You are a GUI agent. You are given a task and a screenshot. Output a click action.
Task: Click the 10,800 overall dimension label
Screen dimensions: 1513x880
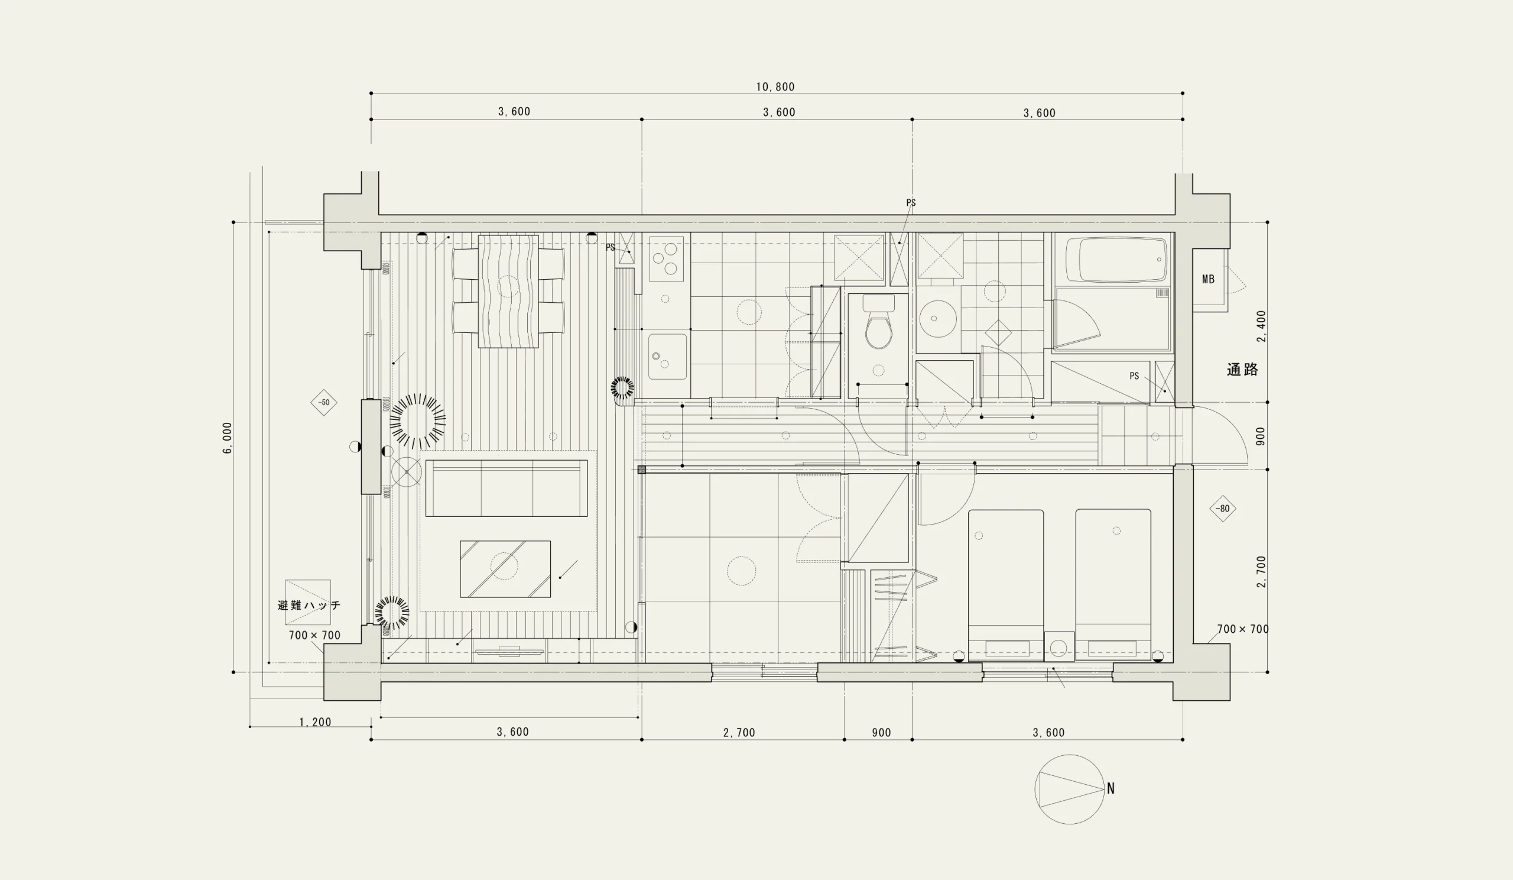coord(775,87)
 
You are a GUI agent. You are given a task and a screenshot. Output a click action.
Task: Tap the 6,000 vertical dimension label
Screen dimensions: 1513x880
coord(228,437)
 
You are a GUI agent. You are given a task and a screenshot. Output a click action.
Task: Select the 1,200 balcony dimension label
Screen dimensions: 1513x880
coord(315,722)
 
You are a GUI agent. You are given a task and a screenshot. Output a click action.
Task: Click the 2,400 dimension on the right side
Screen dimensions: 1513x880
coord(1261,326)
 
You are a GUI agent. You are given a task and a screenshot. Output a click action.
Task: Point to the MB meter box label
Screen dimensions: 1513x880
coord(1208,279)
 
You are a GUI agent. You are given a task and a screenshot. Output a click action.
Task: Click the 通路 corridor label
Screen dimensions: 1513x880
coord(1242,370)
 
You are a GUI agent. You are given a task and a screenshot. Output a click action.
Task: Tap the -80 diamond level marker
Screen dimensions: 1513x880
coord(1222,508)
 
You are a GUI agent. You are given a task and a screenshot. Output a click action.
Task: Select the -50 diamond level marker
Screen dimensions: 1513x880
coord(324,403)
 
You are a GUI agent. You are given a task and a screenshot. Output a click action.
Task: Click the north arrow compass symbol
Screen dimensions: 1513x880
coord(1069,789)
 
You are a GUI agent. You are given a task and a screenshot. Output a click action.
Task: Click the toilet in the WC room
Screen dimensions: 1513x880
coord(878,322)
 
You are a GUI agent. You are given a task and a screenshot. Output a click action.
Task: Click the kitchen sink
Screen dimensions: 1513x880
coord(667,357)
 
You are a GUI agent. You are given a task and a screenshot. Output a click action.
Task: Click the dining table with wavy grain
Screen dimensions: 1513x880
coord(508,292)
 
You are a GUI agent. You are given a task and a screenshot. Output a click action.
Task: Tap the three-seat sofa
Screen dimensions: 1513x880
coord(506,488)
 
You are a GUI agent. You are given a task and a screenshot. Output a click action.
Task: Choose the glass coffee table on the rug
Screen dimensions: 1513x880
coord(505,569)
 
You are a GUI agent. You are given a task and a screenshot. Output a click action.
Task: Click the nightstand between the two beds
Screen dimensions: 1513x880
coord(1059,647)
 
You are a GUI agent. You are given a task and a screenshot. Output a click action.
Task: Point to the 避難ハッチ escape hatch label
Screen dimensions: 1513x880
coord(309,605)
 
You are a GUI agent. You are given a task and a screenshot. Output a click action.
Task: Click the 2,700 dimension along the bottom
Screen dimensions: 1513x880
coord(739,732)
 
